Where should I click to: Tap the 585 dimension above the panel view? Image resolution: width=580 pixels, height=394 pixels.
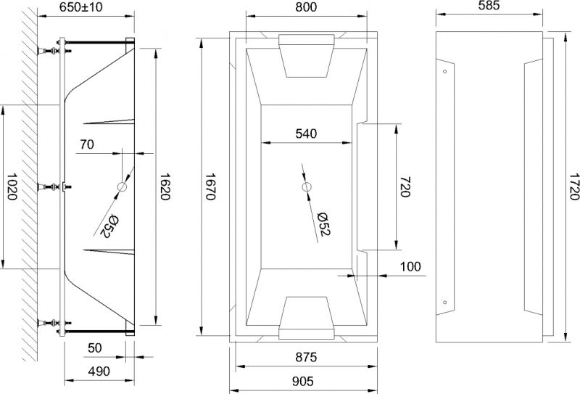click(492, 7)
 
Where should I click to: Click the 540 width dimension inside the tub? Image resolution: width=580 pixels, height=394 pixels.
click(307, 134)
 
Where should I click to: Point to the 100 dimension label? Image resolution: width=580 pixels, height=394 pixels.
click(410, 266)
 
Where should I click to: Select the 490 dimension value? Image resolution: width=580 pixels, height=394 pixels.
click(99, 372)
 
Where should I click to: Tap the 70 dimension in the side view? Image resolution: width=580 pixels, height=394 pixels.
click(86, 144)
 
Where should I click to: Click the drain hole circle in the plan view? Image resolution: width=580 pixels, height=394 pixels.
click(307, 188)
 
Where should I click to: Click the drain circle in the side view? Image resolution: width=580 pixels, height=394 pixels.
click(122, 188)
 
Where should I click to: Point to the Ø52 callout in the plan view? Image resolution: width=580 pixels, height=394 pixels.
click(324, 223)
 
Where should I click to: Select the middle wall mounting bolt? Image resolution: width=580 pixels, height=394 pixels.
click(55, 188)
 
